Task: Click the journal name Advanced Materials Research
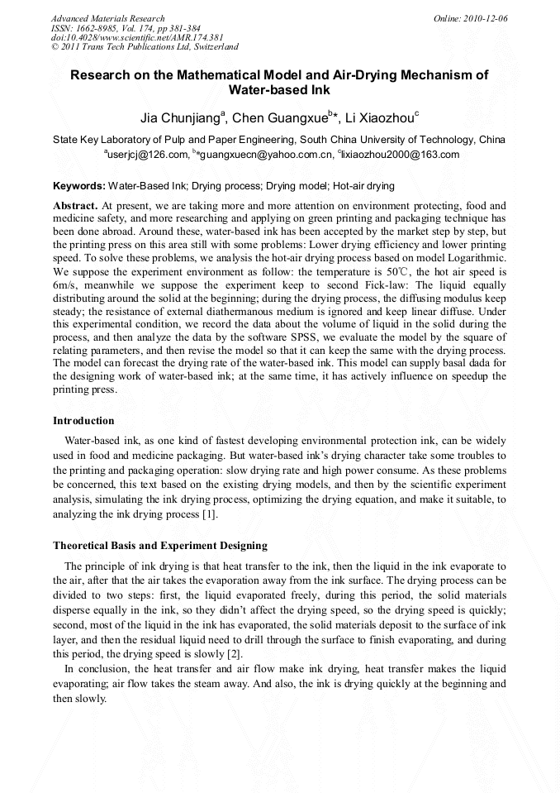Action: [x=107, y=18]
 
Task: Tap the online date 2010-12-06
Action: [x=484, y=18]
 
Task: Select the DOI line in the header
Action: [x=137, y=38]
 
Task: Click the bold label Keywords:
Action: [x=79, y=186]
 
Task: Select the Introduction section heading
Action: [x=83, y=421]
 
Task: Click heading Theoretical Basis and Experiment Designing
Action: [x=160, y=546]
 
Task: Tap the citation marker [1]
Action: [x=210, y=515]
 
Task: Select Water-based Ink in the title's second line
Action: [x=279, y=89]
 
